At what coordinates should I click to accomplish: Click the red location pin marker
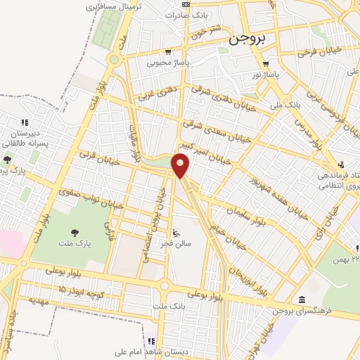click(x=181, y=166)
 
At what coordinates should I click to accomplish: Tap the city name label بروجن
click(x=245, y=40)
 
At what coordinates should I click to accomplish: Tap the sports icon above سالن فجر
click(x=176, y=232)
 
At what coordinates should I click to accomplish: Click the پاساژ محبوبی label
click(x=168, y=62)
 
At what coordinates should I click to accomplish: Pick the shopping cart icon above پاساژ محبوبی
click(x=168, y=51)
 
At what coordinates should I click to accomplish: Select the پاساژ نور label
click(x=266, y=74)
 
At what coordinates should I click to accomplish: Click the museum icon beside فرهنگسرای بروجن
click(x=302, y=300)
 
